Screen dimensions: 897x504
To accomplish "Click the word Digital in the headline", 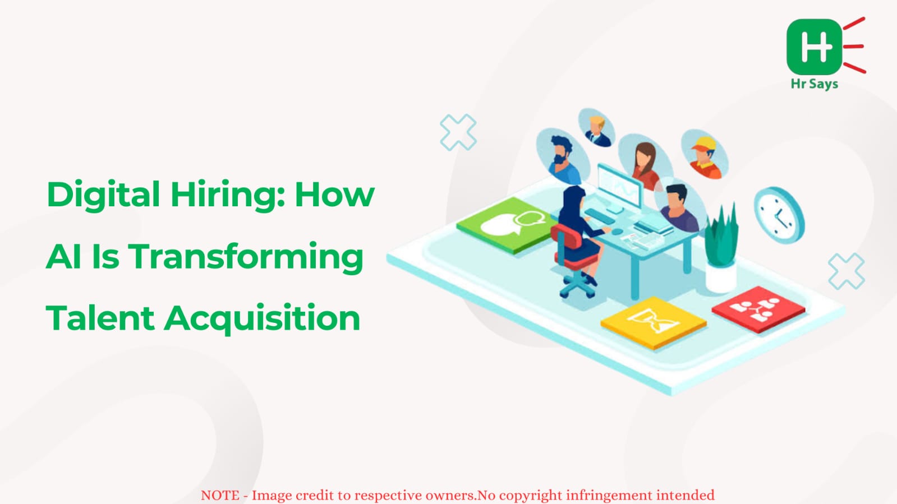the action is click(x=103, y=195).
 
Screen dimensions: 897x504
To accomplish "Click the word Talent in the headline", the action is click(x=100, y=318).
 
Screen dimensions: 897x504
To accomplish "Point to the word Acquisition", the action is click(x=263, y=319).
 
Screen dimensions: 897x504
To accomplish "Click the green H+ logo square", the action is click(x=814, y=47).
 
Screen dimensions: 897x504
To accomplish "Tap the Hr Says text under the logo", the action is click(x=815, y=84).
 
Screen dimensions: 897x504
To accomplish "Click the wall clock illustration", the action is click(x=779, y=215).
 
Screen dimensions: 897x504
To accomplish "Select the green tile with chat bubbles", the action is click(x=507, y=225).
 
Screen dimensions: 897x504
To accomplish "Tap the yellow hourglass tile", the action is click(x=654, y=323).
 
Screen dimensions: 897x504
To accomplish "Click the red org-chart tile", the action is click(x=758, y=309).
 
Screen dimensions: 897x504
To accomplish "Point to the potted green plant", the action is click(x=721, y=248).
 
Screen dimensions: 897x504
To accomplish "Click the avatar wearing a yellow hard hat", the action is click(x=705, y=154).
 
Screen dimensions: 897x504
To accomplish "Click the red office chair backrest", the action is click(x=565, y=243).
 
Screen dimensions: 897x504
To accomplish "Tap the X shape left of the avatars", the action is click(x=458, y=132).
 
